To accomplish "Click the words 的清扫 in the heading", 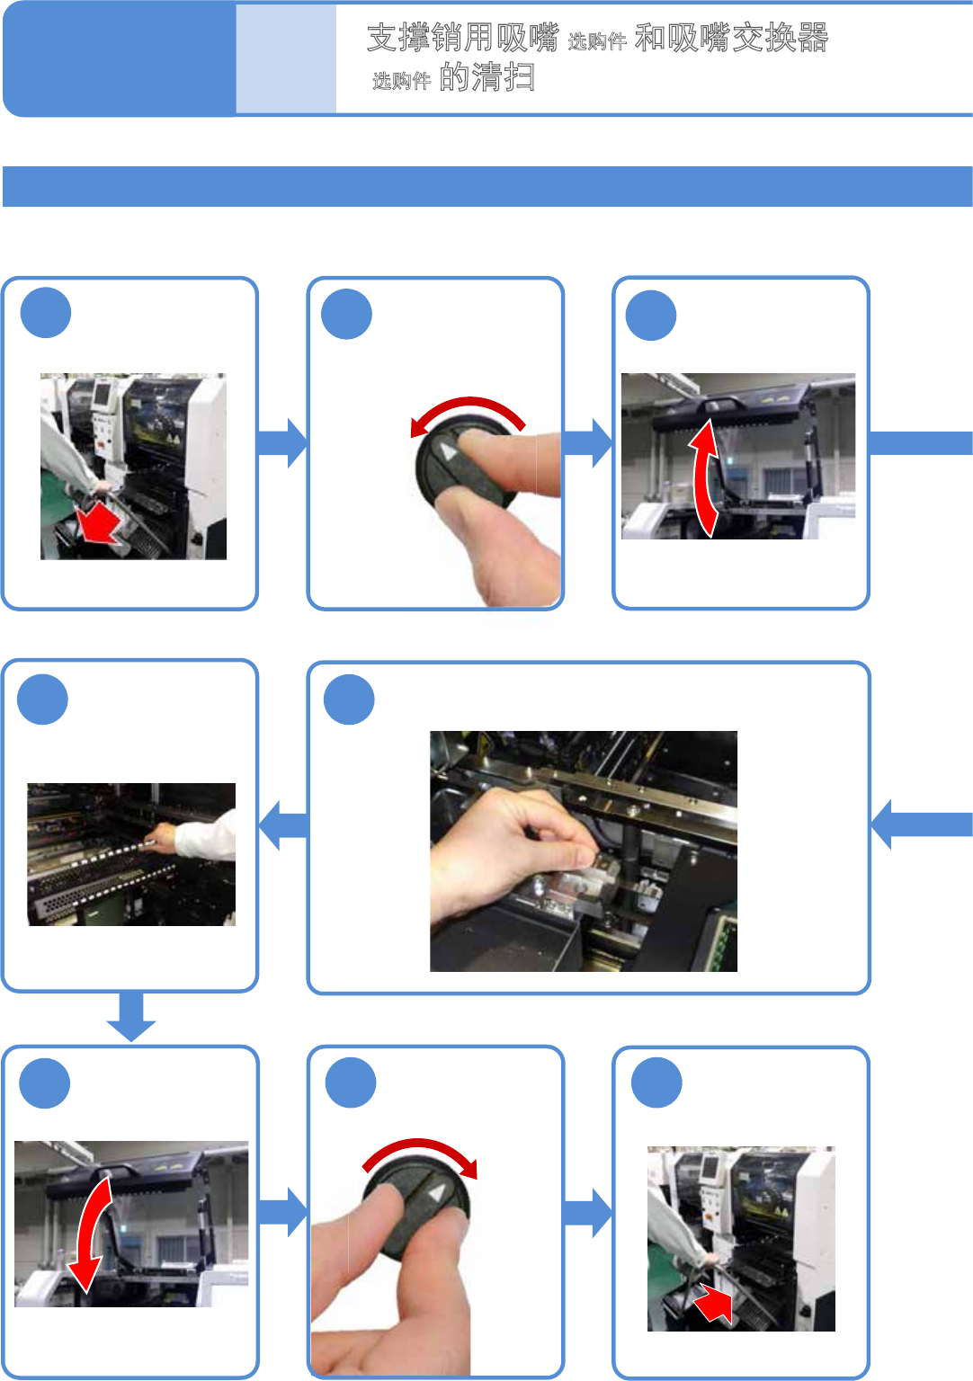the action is [x=487, y=77].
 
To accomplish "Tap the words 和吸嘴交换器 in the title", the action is [x=731, y=38].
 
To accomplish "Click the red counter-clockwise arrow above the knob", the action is [x=467, y=413].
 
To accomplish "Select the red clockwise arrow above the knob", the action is [x=421, y=1155].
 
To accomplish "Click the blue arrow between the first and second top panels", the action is [x=281, y=442].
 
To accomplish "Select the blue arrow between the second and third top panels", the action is [x=587, y=442].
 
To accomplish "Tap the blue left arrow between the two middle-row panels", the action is [x=283, y=824].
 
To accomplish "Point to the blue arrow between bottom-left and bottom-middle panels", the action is [x=282, y=1213].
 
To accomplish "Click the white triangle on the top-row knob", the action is [x=448, y=451].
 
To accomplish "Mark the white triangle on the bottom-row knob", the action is [x=436, y=1193].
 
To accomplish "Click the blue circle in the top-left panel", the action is [x=46, y=313].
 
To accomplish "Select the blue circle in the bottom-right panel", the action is [x=656, y=1083].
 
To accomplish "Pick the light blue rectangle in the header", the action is [x=286, y=59].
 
